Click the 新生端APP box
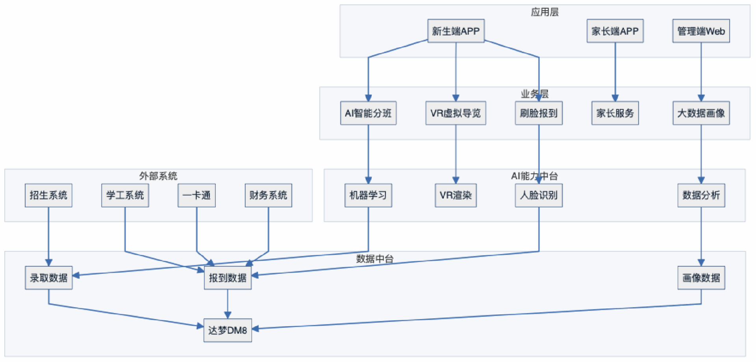pos(456,31)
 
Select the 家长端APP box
pos(615,31)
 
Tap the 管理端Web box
pos(701,31)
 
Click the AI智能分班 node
pos(368,113)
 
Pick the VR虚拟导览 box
pos(456,113)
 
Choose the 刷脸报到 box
pos(539,113)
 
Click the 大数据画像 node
pos(701,113)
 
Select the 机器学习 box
pos(368,195)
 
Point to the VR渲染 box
pos(456,195)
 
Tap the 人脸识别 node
pos(539,195)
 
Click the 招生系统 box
pos(48,195)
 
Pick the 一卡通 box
pos(196,195)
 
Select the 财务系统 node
pos(268,195)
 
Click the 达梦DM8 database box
pos(228,330)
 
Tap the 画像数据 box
pos(701,278)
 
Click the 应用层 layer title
pos(545,12)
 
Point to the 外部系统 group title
pos(158,176)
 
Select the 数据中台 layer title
pos(374,259)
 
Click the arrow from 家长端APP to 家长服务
pos(615,71)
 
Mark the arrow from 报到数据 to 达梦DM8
pos(228,303)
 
